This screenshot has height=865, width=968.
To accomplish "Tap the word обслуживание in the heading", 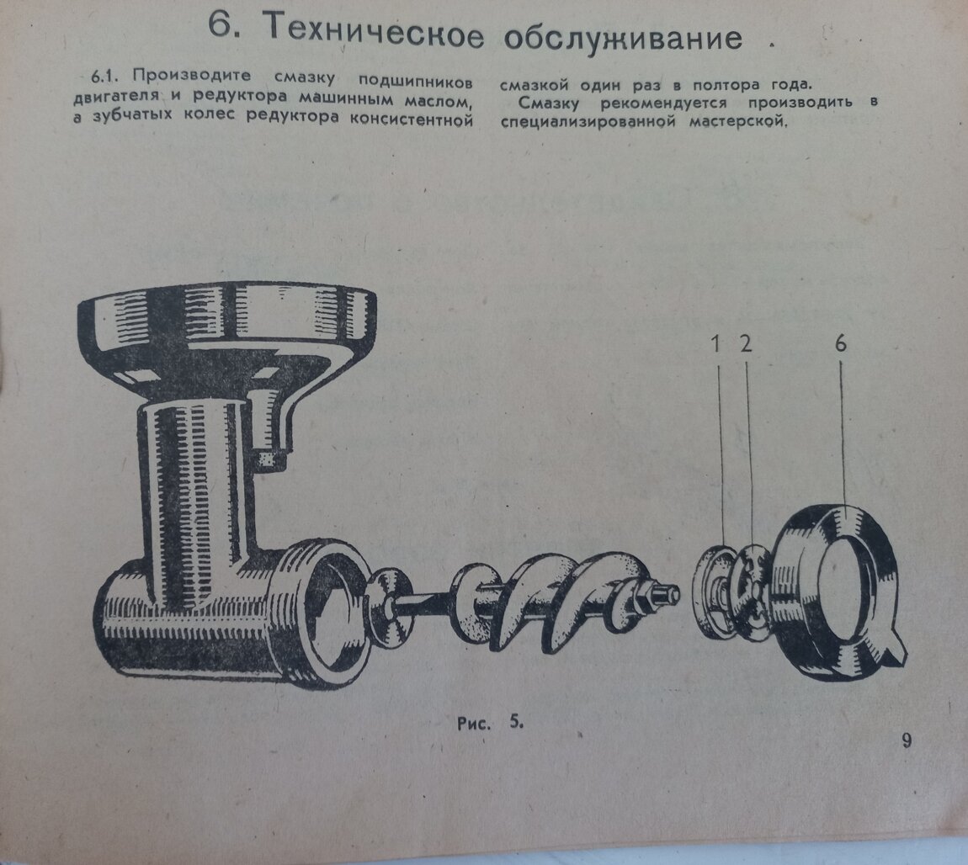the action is tap(622, 38).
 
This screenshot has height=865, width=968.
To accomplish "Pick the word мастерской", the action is tap(738, 121).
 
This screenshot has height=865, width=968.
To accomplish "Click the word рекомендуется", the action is tap(663, 103).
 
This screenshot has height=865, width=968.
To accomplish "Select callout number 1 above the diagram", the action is tap(716, 343).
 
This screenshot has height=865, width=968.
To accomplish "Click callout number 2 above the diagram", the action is tap(747, 343).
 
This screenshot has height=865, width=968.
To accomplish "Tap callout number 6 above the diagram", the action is tap(841, 343).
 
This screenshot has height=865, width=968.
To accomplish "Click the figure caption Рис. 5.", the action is tap(490, 723).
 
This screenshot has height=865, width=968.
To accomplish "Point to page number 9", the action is tap(907, 740).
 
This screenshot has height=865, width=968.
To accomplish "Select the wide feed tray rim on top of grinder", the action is tap(226, 315).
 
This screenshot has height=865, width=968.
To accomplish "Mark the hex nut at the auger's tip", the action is tap(645, 596).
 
